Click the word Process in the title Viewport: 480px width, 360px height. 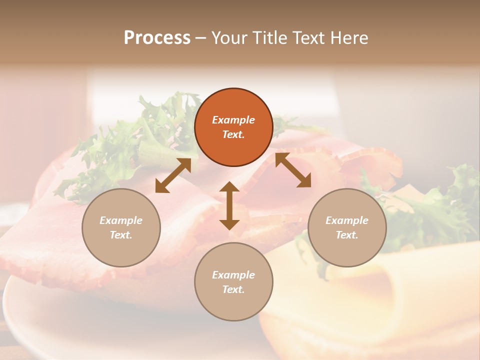pos(157,38)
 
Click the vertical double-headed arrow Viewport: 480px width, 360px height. pos(229,205)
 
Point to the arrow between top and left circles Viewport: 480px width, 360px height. pos(173,175)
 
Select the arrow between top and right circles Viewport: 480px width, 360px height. pos(293,170)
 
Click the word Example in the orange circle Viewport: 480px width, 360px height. pos(233,120)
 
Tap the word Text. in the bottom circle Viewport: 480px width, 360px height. pos(233,289)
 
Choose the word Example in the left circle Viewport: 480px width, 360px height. pos(121,220)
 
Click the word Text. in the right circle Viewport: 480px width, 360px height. pos(347,235)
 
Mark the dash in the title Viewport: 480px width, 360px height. pos(200,38)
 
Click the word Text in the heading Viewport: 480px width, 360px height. pos(308,38)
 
